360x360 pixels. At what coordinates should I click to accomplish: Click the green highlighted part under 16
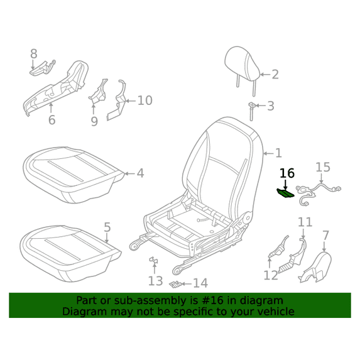click(x=285, y=193)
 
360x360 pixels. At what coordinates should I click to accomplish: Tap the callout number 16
click(x=287, y=173)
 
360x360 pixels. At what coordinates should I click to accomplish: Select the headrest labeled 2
click(x=243, y=67)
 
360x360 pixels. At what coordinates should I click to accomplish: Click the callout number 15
click(x=323, y=167)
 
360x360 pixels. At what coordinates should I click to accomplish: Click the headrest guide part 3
click(x=252, y=111)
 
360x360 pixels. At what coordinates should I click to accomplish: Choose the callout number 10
click(x=145, y=101)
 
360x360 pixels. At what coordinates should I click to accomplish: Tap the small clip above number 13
click(x=154, y=260)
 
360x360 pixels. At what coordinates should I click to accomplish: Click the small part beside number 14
click(x=176, y=284)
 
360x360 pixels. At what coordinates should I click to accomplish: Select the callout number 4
click(x=141, y=173)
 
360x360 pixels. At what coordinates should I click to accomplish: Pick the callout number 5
click(x=107, y=227)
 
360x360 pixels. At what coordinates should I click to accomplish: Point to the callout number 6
click(x=52, y=120)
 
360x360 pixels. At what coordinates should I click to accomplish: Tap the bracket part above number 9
click(x=98, y=91)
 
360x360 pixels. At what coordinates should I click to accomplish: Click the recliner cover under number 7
click(x=315, y=267)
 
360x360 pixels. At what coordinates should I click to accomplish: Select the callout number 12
click(x=271, y=275)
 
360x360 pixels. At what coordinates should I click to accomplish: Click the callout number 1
click(x=278, y=153)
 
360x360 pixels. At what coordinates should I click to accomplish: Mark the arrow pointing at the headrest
click(x=265, y=74)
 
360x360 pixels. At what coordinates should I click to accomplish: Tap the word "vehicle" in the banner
click(x=279, y=312)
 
